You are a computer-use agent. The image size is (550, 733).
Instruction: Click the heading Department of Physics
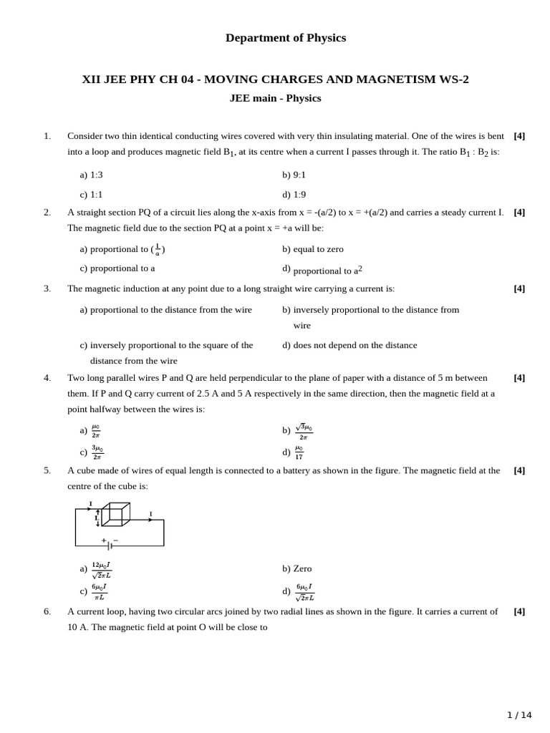[285, 38]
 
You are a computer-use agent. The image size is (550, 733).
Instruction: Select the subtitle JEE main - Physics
[275, 98]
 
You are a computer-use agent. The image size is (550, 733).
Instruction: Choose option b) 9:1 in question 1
[294, 175]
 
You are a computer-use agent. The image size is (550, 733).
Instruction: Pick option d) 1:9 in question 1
[294, 194]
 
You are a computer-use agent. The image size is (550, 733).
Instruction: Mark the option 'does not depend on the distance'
[354, 345]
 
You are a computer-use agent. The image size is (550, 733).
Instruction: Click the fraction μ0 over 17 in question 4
[299, 452]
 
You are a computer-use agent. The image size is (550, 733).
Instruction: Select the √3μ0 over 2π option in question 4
[304, 432]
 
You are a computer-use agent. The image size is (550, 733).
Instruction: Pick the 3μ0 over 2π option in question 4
[97, 452]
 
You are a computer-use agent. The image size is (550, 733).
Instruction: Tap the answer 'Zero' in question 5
[301, 568]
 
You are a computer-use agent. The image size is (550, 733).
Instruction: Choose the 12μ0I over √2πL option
[101, 570]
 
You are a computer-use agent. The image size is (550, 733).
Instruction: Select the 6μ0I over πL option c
[99, 592]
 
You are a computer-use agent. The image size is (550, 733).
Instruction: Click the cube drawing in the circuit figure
[115, 514]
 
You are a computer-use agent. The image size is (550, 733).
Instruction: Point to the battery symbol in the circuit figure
[110, 545]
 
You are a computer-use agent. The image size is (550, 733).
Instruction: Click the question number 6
[47, 611]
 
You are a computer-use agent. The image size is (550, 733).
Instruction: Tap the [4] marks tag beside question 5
[519, 470]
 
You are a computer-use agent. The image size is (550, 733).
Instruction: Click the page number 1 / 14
[519, 714]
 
